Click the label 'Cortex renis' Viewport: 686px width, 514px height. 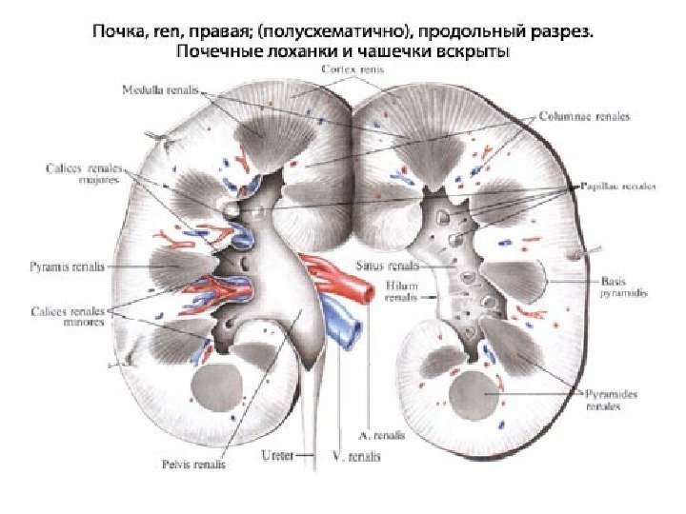353,69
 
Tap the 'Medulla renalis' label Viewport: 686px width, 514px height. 161,90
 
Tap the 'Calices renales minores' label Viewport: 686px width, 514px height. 70,317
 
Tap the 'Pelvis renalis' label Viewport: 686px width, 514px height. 194,465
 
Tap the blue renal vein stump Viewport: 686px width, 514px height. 345,326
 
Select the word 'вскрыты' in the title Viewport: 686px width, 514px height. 468,50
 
